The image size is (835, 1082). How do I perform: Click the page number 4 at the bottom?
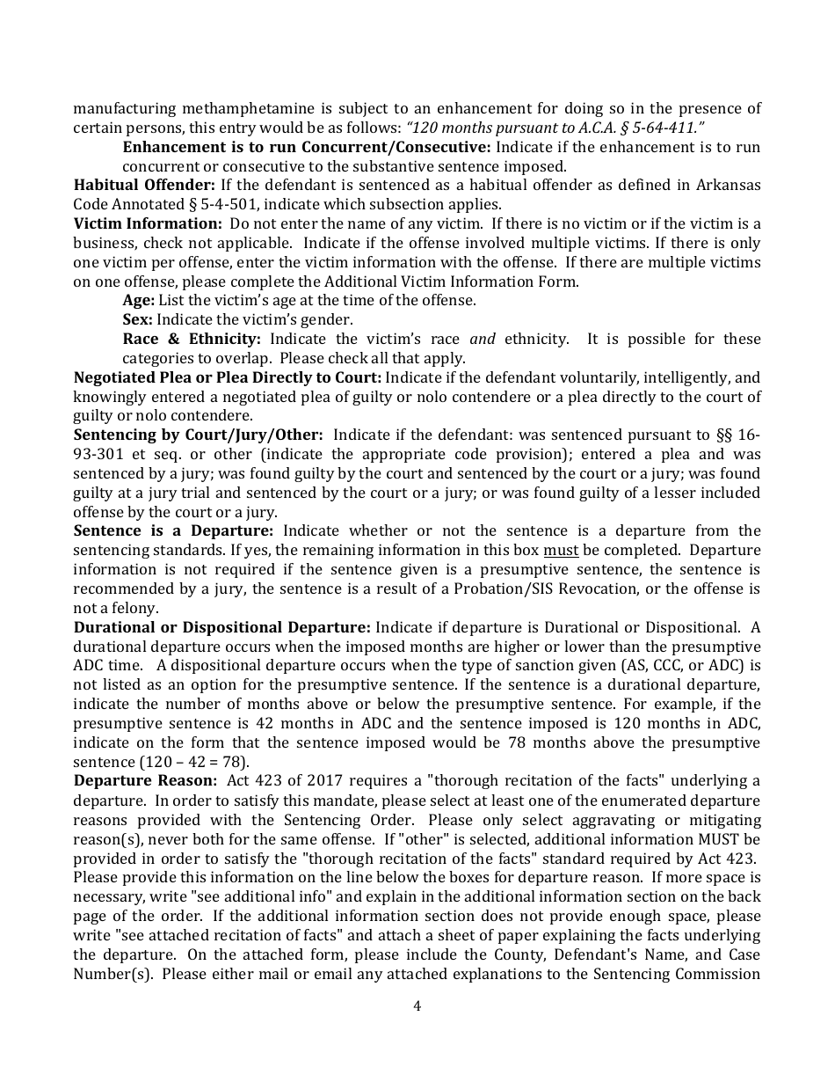417,1006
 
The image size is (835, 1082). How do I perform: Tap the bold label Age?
138,301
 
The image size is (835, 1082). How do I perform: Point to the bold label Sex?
138,320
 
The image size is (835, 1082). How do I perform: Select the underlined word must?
561,551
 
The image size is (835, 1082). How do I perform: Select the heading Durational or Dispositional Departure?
222,628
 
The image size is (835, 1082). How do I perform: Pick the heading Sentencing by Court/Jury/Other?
199,435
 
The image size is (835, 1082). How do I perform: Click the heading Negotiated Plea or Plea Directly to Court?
228,378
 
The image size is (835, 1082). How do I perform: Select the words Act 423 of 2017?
280,781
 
